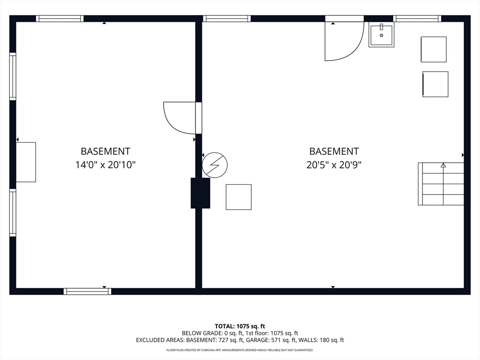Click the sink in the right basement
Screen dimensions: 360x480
[381, 34]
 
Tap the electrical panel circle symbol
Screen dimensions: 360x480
[215, 165]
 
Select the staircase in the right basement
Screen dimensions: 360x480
[441, 184]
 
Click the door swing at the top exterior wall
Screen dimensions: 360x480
[344, 41]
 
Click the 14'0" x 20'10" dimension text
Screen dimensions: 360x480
[105, 165]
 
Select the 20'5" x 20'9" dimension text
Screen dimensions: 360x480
[334, 165]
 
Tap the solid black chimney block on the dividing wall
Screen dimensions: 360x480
[200, 193]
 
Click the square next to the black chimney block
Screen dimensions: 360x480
[239, 197]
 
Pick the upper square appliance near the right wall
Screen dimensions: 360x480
[433, 49]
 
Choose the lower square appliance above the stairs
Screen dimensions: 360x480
[435, 84]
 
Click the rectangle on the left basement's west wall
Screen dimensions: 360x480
[26, 162]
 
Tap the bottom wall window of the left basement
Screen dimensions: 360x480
[87, 291]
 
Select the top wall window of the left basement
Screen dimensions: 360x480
[60, 19]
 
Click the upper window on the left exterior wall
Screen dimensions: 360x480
[13, 76]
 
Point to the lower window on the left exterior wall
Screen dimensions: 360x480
[13, 212]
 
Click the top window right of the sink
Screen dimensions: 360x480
[417, 19]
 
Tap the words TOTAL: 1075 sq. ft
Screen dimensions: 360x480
[240, 326]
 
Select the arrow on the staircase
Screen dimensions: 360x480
[443, 165]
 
